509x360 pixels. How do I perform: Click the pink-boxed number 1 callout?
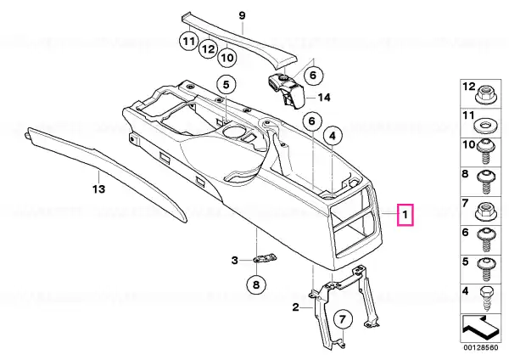click(x=406, y=215)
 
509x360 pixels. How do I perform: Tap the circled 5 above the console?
click(x=227, y=85)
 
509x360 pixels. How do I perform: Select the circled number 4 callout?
click(x=333, y=137)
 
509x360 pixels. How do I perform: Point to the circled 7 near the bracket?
click(x=343, y=320)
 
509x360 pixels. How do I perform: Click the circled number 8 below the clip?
click(x=256, y=285)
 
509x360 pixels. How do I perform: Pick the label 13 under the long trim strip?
click(x=99, y=188)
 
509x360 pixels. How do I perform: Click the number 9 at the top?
click(x=242, y=15)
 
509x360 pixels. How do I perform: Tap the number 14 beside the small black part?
click(x=324, y=97)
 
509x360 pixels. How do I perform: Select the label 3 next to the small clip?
click(x=235, y=261)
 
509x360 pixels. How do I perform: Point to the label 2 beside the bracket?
click(x=295, y=307)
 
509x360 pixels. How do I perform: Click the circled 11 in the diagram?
click(x=189, y=42)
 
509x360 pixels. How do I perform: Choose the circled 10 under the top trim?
click(x=227, y=58)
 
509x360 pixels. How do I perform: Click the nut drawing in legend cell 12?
click(x=484, y=95)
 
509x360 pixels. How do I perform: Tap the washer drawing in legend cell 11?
click(x=484, y=125)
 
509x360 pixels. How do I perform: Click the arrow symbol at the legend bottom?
click(x=480, y=328)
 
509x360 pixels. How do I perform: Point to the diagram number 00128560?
click(x=481, y=347)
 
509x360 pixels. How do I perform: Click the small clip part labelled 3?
click(x=266, y=258)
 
